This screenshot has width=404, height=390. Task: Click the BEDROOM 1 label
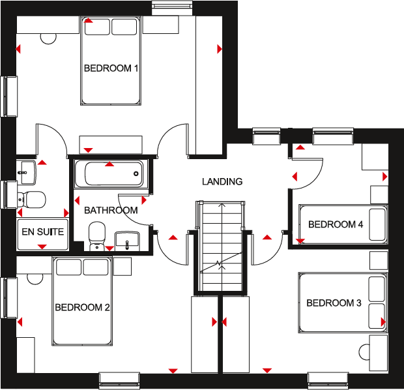click(111, 68)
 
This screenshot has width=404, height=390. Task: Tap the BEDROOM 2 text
click(81, 307)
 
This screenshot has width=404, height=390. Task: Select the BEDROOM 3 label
click(334, 303)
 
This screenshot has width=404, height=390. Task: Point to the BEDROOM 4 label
click(336, 224)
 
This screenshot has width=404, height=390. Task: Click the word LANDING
click(222, 181)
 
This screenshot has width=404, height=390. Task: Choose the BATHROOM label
click(111, 210)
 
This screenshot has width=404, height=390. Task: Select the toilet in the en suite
click(31, 198)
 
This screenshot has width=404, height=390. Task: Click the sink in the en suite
click(27, 170)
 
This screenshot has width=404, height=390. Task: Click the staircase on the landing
click(222, 245)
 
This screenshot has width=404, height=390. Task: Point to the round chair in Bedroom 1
click(48, 37)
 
